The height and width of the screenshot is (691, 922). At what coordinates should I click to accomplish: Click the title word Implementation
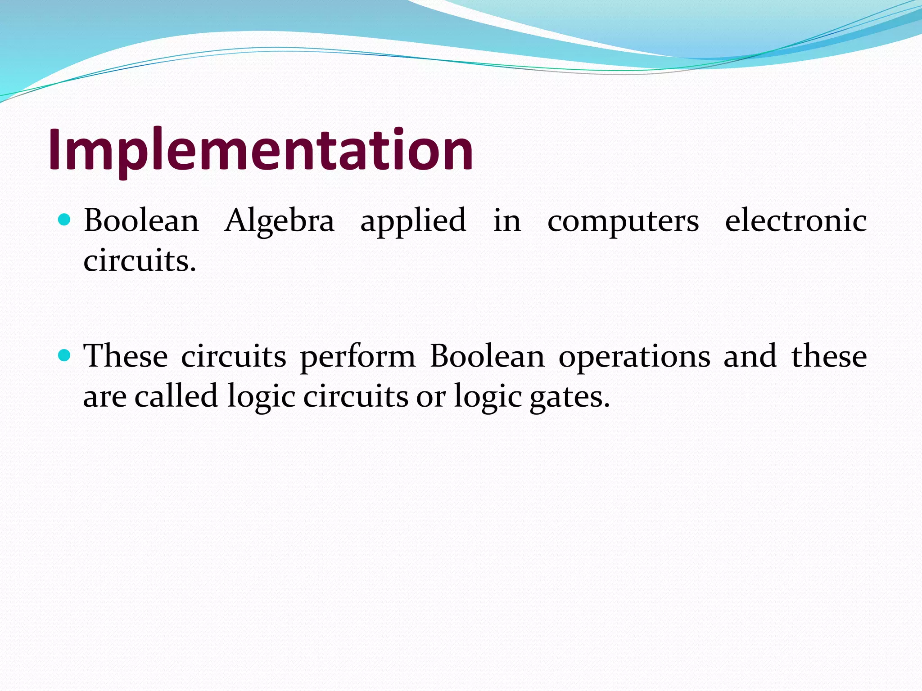click(261, 150)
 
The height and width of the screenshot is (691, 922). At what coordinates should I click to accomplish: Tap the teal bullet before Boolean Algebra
click(65, 220)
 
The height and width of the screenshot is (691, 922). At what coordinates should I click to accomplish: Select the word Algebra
click(280, 221)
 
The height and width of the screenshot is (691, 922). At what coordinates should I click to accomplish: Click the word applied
click(413, 221)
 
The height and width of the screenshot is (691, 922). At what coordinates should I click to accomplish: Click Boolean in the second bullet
click(487, 356)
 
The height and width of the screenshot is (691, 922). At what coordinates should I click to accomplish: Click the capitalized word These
click(126, 356)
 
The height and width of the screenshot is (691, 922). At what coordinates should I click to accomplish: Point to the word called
click(176, 396)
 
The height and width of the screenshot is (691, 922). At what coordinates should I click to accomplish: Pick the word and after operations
click(750, 356)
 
